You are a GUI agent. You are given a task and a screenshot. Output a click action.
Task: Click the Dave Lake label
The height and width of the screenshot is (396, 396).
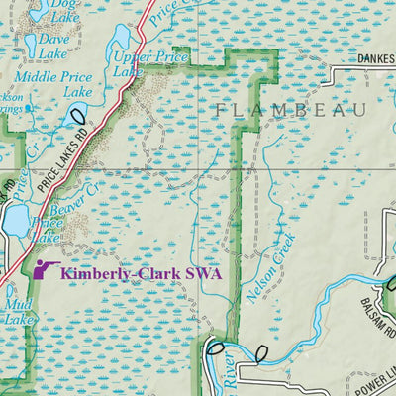(x=53, y=46)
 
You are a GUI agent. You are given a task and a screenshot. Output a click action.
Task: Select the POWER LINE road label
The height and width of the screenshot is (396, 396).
(x=372, y=377)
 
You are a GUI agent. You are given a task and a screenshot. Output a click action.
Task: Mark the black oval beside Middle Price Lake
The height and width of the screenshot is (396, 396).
(x=78, y=117)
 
